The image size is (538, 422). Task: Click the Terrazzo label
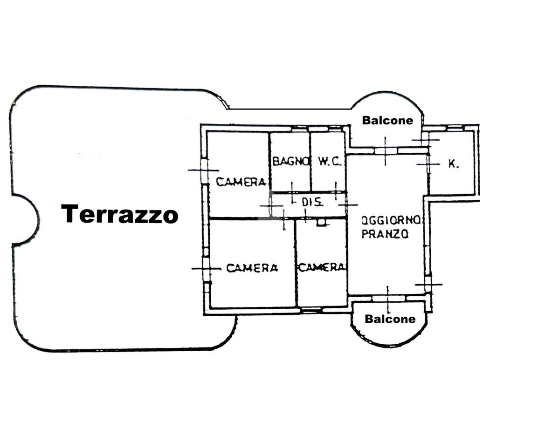click(x=120, y=214)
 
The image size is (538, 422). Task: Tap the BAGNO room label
click(x=291, y=162)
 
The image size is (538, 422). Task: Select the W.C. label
click(x=331, y=162)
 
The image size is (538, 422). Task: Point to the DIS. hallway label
click(x=313, y=203)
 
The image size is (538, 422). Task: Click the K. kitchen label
click(x=453, y=163)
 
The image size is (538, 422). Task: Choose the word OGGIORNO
click(x=392, y=219)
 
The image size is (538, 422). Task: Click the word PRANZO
click(x=385, y=234)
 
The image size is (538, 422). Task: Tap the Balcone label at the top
click(x=387, y=120)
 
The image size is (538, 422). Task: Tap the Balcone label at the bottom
click(x=390, y=319)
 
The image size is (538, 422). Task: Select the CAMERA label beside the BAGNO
click(x=241, y=182)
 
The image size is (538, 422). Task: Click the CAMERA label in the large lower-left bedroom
click(x=252, y=268)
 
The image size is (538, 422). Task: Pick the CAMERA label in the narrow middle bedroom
click(x=322, y=267)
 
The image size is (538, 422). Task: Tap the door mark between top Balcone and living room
click(x=385, y=150)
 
